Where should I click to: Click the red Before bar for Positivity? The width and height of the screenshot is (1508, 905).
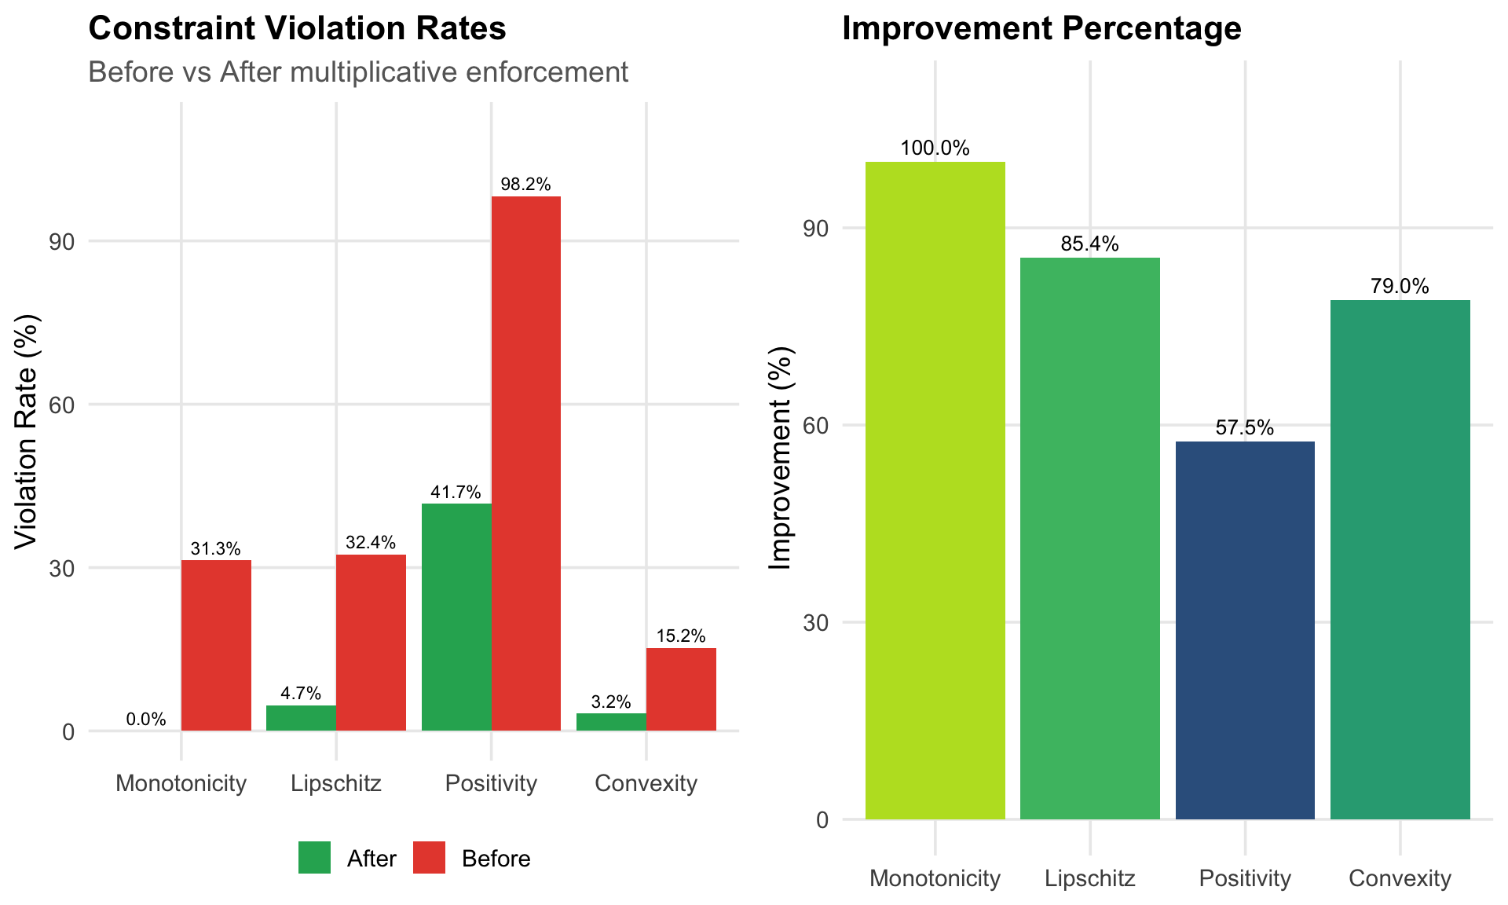pyautogui.click(x=525, y=463)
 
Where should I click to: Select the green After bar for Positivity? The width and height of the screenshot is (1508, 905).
pyautogui.click(x=456, y=617)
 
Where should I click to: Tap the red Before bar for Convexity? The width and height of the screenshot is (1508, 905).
pyautogui.click(x=681, y=689)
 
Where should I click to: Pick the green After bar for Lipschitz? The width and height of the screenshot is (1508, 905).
pyautogui.click(x=301, y=718)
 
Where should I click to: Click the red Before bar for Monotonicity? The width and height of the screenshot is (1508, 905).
pyautogui.click(x=216, y=645)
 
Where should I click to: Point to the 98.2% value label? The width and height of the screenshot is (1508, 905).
pyautogui.click(x=525, y=185)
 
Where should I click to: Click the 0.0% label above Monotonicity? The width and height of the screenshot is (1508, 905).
pyautogui.click(x=146, y=719)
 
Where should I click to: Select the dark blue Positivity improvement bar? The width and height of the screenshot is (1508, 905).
pyautogui.click(x=1245, y=630)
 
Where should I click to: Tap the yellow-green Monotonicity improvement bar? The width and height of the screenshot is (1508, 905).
pyautogui.click(x=935, y=490)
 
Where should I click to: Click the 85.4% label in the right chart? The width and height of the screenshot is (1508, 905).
pyautogui.click(x=1089, y=244)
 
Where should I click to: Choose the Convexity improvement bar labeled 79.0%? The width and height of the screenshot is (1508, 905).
pyautogui.click(x=1400, y=559)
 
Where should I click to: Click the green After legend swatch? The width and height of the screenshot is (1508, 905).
pyautogui.click(x=314, y=857)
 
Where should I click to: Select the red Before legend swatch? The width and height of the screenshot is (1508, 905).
pyautogui.click(x=429, y=857)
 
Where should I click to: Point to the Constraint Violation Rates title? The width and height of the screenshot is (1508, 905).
pyautogui.click(x=297, y=29)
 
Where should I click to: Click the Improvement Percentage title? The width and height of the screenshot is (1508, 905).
pyautogui.click(x=1041, y=29)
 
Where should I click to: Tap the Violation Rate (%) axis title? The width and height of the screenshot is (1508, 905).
pyautogui.click(x=27, y=431)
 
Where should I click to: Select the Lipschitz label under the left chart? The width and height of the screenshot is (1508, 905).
pyautogui.click(x=335, y=783)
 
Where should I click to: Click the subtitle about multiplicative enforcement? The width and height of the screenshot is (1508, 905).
pyautogui.click(x=358, y=72)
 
